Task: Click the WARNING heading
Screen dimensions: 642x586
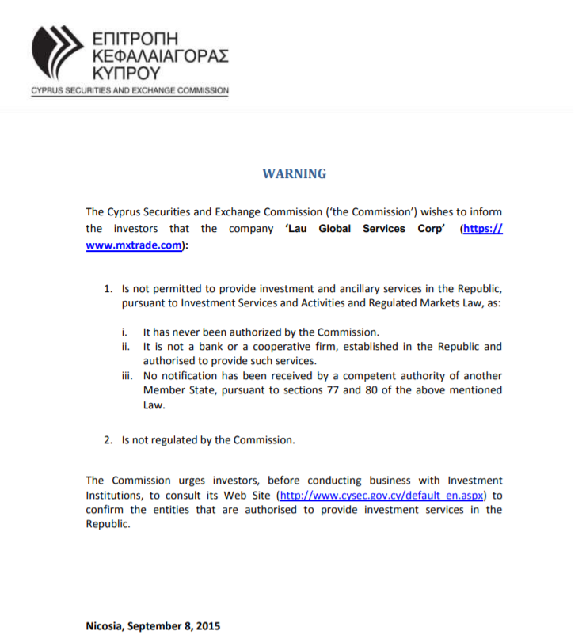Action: (x=294, y=173)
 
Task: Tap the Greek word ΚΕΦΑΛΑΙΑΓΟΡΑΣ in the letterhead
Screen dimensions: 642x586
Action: (x=160, y=56)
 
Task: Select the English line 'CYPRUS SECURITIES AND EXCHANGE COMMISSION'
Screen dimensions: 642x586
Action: (x=130, y=91)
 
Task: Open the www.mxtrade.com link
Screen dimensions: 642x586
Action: (x=135, y=245)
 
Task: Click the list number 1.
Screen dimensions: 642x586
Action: (x=108, y=288)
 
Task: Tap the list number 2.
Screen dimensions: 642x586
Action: (x=108, y=439)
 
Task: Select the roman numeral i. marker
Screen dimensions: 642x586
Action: (x=124, y=332)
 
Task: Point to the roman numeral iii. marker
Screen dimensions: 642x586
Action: (x=126, y=375)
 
